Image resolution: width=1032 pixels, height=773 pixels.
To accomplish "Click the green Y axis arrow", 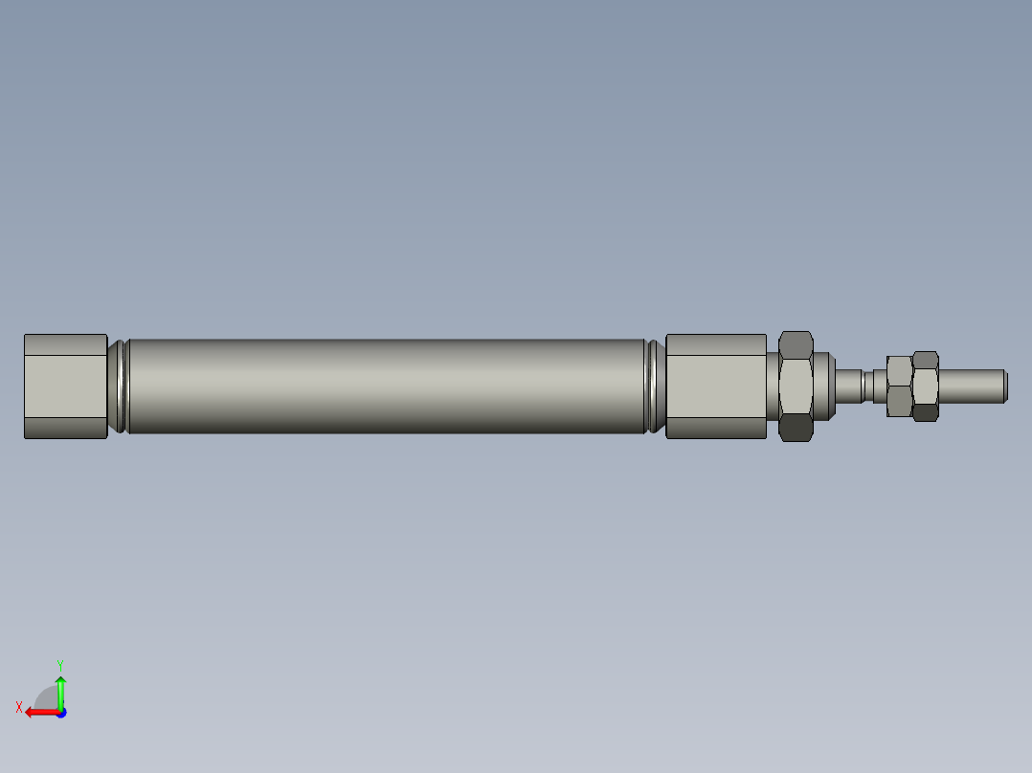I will [x=60, y=691].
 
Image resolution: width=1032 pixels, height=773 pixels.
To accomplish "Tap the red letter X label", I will [x=19, y=707].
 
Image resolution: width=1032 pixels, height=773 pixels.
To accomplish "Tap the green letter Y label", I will [x=59, y=663].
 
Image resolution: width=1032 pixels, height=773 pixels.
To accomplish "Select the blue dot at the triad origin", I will [x=60, y=712].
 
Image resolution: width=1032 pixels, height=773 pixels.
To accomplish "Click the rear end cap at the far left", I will [x=65, y=386].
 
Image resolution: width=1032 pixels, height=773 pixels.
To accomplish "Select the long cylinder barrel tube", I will [x=383, y=386].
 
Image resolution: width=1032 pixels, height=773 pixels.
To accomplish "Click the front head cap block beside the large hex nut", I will [x=715, y=386].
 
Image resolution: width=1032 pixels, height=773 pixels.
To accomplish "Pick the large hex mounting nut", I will [x=796, y=386].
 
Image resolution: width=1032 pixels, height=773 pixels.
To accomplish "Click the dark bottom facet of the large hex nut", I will [x=796, y=428].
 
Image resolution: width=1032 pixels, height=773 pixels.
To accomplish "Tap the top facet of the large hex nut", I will [x=796, y=342].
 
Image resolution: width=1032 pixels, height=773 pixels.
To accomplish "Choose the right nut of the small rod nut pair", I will [x=925, y=386].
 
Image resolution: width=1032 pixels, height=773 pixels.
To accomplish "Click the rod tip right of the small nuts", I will [x=972, y=385].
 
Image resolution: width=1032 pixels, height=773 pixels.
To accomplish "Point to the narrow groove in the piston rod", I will [x=867, y=385].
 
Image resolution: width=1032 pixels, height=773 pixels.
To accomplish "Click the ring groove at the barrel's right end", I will [x=654, y=386].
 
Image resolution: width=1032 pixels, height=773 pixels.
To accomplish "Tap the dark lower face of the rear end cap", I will [x=65, y=428].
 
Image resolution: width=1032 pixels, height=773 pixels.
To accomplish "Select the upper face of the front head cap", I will [x=715, y=344].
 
